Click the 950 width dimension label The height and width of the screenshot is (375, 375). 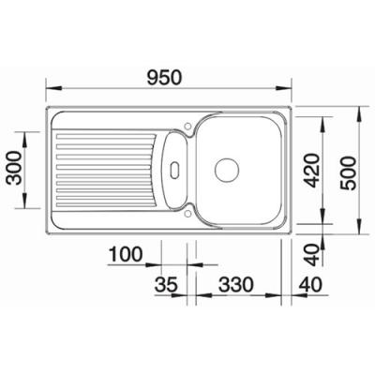click(x=165, y=78)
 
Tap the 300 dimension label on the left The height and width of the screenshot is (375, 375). click(x=15, y=168)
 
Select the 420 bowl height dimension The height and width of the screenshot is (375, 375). click(x=313, y=170)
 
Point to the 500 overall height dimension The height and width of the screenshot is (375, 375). click(x=349, y=173)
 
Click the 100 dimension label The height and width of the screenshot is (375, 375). click(x=126, y=255)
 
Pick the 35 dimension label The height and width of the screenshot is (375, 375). click(x=166, y=285)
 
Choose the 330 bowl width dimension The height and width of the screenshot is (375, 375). click(x=235, y=285)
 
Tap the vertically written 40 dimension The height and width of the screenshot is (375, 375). click(x=313, y=255)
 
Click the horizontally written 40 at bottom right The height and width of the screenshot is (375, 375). click(x=310, y=285)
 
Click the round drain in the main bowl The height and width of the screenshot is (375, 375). click(x=227, y=170)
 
